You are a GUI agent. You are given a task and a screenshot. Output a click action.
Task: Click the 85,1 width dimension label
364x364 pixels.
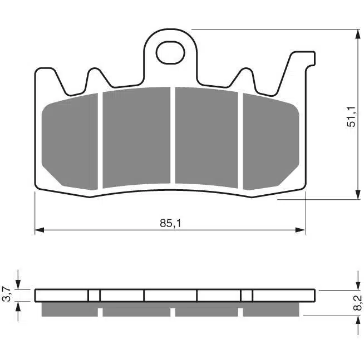pos(170,223)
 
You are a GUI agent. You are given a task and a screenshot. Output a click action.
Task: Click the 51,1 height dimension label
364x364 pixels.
pos(351,116)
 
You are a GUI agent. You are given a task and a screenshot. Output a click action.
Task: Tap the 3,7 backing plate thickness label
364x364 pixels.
pos(8,294)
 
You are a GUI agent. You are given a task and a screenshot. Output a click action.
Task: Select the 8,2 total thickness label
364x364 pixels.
pos(358,303)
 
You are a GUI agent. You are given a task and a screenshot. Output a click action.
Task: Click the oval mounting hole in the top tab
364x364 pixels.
pos(170,53)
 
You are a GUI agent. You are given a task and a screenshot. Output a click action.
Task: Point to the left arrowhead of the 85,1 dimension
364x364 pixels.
pos(39,230)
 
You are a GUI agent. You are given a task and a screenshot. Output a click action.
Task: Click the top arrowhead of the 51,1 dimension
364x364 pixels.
pos(358,34)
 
